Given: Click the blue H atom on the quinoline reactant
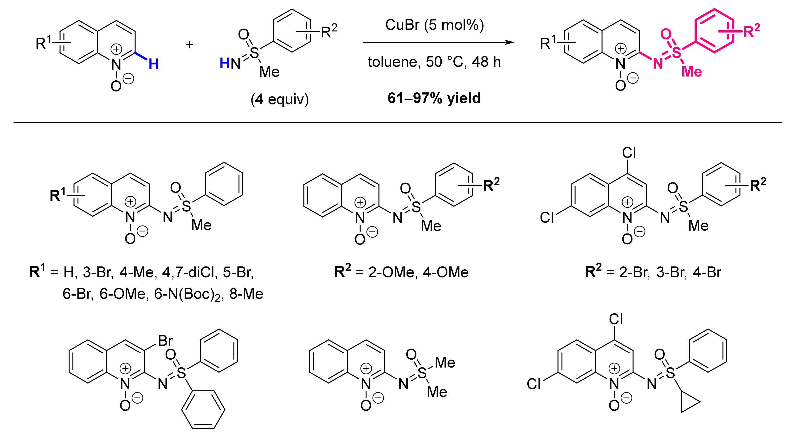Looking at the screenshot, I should [154, 64].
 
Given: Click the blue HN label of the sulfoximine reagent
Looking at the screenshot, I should [230, 63].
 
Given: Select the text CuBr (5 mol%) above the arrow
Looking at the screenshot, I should [434, 25].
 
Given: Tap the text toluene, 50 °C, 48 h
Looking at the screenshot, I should [434, 62].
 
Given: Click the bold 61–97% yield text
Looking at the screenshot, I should [434, 98].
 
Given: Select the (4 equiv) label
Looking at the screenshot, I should [279, 99].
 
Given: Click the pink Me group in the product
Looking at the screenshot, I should [691, 71].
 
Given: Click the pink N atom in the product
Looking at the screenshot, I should [658, 63].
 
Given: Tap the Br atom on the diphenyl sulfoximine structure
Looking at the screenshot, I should [165, 341].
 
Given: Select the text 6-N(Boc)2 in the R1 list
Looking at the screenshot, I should [187, 294].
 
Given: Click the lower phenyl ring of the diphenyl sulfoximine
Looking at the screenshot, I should [203, 410].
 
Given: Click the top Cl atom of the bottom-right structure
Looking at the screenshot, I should [616, 319].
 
